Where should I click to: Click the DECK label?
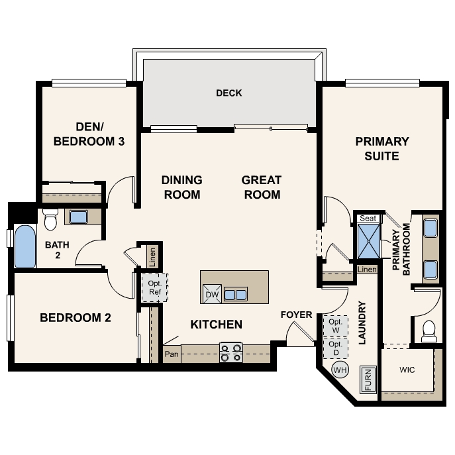[229, 93]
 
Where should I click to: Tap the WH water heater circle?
[340, 370]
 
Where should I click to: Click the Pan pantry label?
[172, 354]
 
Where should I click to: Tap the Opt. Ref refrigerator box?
[155, 287]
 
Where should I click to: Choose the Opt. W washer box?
[335, 326]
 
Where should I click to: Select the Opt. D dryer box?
[335, 348]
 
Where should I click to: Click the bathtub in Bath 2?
[25, 246]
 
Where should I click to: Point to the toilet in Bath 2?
[50, 219]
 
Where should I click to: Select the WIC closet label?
[407, 370]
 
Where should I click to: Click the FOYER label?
[296, 315]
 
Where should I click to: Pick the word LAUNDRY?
[362, 323]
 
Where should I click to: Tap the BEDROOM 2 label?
[76, 318]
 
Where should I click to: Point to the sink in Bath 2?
[79, 217]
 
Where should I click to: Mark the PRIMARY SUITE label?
[382, 149]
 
